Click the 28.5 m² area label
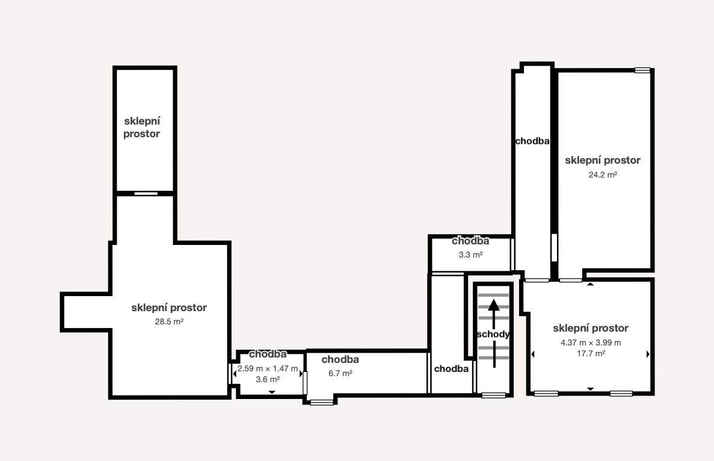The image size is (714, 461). [169, 321]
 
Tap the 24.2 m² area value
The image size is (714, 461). [603, 175]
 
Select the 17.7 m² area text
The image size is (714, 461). [591, 353]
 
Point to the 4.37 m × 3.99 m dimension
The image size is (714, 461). [591, 342]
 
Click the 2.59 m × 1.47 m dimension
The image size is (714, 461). [268, 368]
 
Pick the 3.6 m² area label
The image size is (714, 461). [268, 380]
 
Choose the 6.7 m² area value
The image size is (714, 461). [340, 374]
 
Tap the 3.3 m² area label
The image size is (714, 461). [470, 255]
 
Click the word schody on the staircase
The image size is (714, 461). [493, 335]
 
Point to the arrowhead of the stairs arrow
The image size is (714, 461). [494, 305]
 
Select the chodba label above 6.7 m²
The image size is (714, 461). [340, 359]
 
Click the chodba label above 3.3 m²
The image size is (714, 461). [470, 241]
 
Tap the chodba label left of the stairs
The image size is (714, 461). [451, 368]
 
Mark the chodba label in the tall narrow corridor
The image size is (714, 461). [532, 141]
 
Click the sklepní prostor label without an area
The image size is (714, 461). [141, 128]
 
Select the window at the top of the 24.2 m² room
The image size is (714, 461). [642, 70]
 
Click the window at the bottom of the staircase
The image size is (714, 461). [494, 395]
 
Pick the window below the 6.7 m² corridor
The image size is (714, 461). [321, 402]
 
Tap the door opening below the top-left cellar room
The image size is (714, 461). [146, 194]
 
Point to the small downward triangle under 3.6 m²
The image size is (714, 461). [272, 392]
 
